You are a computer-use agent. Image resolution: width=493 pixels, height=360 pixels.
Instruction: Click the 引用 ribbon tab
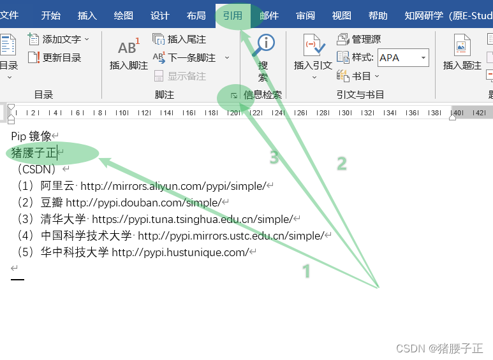(233, 16)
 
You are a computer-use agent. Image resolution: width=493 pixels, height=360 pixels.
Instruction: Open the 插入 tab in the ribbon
(87, 16)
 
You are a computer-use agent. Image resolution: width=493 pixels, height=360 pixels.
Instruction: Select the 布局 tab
(196, 16)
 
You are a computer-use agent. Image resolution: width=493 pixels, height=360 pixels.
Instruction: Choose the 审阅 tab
(305, 16)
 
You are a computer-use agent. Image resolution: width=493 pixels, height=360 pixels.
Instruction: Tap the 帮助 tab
(378, 16)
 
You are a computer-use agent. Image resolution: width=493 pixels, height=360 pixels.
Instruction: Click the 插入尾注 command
(180, 40)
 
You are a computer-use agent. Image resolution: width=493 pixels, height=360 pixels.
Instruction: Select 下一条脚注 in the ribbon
(184, 58)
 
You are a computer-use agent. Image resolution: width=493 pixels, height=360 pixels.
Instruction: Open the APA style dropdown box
(403, 58)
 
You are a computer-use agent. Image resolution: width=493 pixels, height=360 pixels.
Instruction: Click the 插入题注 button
(462, 54)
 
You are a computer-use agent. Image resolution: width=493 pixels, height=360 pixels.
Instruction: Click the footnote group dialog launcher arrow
(234, 96)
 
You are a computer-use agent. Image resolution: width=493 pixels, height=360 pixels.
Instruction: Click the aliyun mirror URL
(173, 186)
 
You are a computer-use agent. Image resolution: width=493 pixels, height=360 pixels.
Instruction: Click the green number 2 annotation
(342, 164)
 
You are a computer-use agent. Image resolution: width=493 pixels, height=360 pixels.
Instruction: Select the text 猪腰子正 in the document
(34, 153)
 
